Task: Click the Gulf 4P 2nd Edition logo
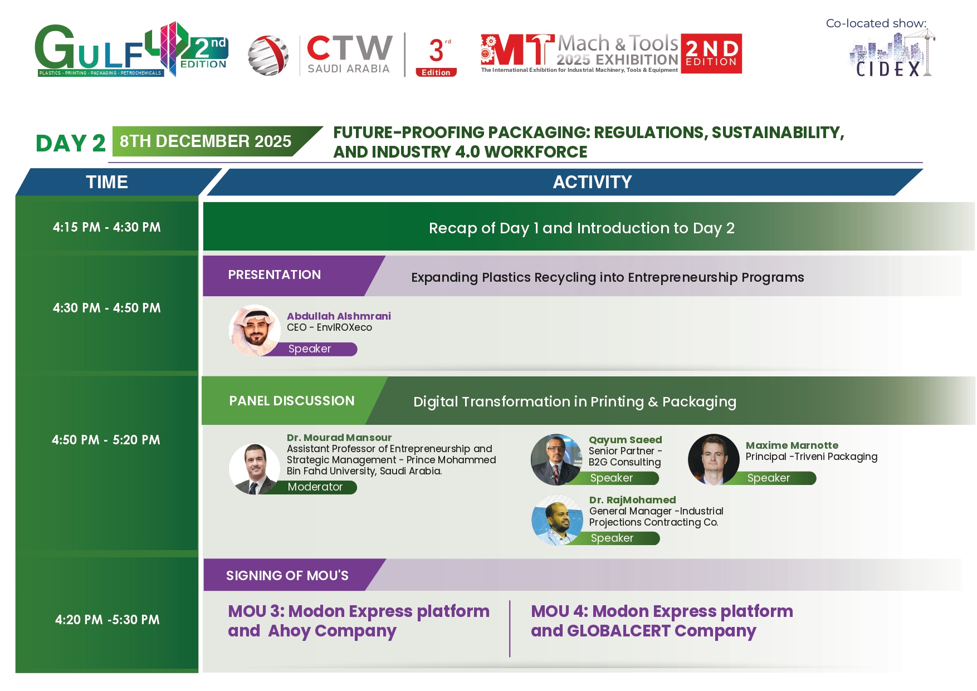click(x=131, y=50)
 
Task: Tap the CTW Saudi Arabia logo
click(x=320, y=55)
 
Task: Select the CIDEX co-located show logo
click(x=892, y=54)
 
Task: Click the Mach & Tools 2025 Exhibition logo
click(x=611, y=53)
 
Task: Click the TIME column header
click(x=107, y=182)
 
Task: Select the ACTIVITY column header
click(x=592, y=182)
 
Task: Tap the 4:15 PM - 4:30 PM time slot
click(x=107, y=227)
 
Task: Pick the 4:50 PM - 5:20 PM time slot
click(x=106, y=440)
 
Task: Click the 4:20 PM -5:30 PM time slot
click(x=107, y=620)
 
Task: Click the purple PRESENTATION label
click(x=275, y=275)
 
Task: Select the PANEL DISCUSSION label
click(x=292, y=401)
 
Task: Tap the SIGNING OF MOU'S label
click(x=287, y=575)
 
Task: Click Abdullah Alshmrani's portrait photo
click(x=255, y=331)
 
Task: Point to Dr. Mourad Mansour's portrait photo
click(x=255, y=469)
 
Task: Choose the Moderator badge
click(x=315, y=487)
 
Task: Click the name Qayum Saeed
click(x=626, y=440)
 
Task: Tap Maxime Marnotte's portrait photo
click(x=714, y=459)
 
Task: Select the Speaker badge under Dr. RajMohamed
click(x=612, y=538)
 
